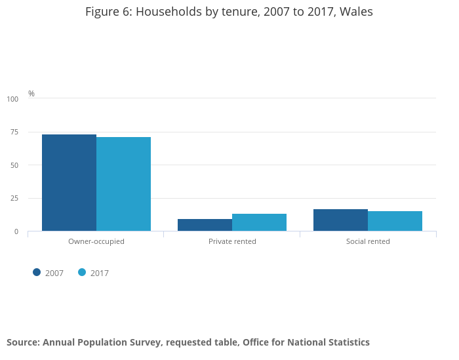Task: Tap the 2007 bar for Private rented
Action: click(x=205, y=225)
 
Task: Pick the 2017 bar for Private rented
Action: click(x=259, y=222)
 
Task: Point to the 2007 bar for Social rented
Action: click(x=340, y=220)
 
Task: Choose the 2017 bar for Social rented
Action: click(x=395, y=221)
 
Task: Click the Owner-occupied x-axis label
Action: click(x=96, y=241)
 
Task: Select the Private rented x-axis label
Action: click(x=232, y=241)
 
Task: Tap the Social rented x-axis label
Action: click(x=368, y=241)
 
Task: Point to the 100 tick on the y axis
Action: click(x=12, y=99)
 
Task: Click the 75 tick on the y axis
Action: click(x=14, y=132)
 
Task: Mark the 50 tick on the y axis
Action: click(x=14, y=165)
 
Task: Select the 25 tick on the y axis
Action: click(x=14, y=199)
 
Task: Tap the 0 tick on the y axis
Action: click(x=16, y=231)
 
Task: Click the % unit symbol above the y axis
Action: click(x=31, y=94)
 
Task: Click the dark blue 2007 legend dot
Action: click(x=37, y=273)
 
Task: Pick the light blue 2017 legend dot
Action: click(x=82, y=273)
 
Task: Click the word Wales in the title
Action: click(x=356, y=12)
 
